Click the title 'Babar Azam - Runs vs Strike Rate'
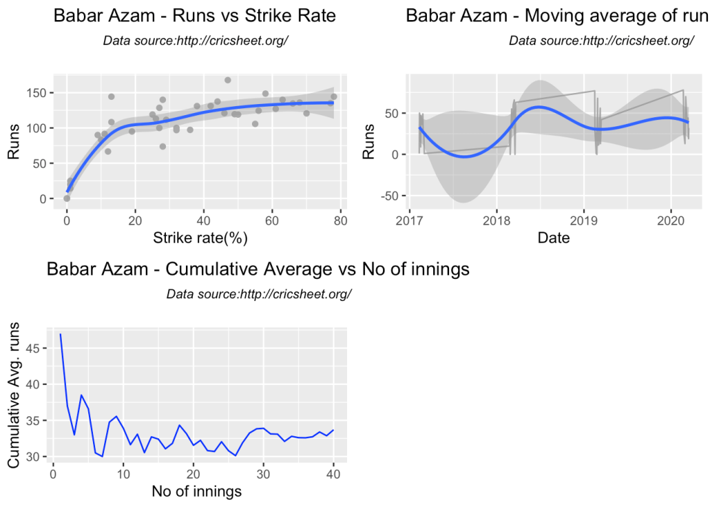(x=194, y=16)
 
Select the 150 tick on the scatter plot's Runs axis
(x=42, y=93)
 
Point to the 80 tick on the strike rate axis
(x=340, y=221)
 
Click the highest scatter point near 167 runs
(x=228, y=80)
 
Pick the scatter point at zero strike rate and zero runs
(x=67, y=198)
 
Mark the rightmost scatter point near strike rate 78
(x=334, y=96)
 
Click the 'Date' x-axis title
(x=554, y=238)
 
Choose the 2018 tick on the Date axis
(x=496, y=221)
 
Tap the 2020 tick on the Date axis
(x=671, y=221)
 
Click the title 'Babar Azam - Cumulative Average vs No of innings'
(x=258, y=269)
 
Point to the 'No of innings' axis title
(x=196, y=492)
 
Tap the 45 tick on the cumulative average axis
(x=40, y=348)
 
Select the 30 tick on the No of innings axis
(x=264, y=475)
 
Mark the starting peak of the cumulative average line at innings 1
(x=60, y=334)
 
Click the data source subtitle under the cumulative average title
(x=259, y=294)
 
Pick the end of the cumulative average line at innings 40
(x=334, y=430)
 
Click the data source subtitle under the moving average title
(x=601, y=40)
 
